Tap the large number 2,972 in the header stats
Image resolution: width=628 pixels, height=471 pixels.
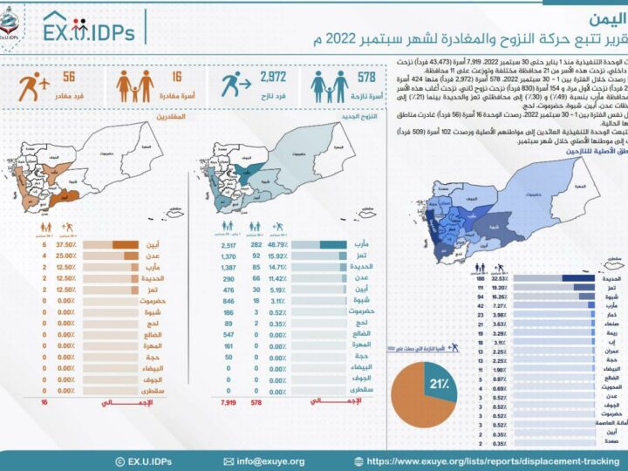pos(272,78)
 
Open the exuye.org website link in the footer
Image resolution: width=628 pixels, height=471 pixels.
pos(488,461)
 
